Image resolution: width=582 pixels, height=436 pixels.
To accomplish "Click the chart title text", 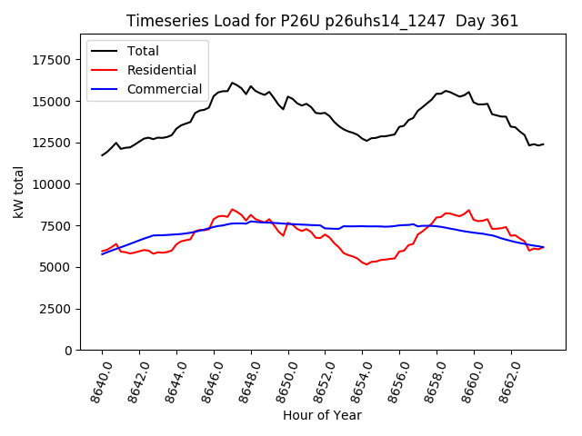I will click(322, 21).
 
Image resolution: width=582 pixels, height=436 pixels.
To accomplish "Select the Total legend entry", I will click(145, 51).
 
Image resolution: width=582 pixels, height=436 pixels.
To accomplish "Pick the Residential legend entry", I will click(162, 70).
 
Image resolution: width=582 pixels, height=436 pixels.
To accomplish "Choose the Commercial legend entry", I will click(164, 89).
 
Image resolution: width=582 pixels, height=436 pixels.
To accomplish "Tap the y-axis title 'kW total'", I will click(18, 193).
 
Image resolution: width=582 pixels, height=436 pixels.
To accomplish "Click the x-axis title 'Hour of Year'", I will click(322, 415).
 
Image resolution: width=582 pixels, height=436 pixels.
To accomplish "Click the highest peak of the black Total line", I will click(232, 83).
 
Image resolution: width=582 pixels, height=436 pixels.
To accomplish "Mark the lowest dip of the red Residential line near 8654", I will click(366, 264).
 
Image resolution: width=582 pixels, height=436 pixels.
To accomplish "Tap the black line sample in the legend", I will click(106, 51).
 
